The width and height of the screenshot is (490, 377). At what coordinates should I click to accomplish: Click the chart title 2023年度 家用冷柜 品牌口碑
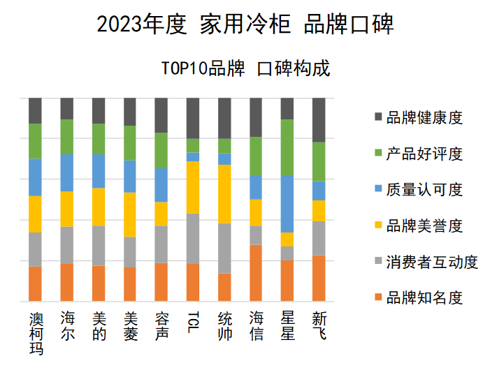(245, 24)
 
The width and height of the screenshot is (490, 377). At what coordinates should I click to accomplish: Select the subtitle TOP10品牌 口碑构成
(245, 68)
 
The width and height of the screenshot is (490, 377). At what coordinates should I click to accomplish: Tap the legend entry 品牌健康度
(424, 117)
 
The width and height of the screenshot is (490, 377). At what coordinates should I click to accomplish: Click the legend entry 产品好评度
(424, 154)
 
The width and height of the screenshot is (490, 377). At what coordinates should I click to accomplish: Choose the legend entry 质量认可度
(424, 190)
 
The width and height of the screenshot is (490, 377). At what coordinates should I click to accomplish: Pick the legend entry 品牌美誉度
(424, 226)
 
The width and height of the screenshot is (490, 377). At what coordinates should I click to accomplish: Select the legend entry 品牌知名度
(424, 298)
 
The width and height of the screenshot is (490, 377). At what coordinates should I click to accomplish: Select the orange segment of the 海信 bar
(257, 273)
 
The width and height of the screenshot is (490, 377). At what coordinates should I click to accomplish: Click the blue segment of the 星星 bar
(287, 204)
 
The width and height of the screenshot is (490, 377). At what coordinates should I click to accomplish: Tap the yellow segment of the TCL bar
(194, 187)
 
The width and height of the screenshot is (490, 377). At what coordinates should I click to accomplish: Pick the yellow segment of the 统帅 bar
(224, 193)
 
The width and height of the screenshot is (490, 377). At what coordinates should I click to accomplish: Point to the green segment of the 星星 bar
(287, 147)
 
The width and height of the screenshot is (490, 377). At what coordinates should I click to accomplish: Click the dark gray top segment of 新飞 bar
(319, 119)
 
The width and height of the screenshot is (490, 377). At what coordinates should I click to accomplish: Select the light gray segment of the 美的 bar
(99, 245)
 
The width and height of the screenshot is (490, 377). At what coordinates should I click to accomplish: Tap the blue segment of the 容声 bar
(161, 185)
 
